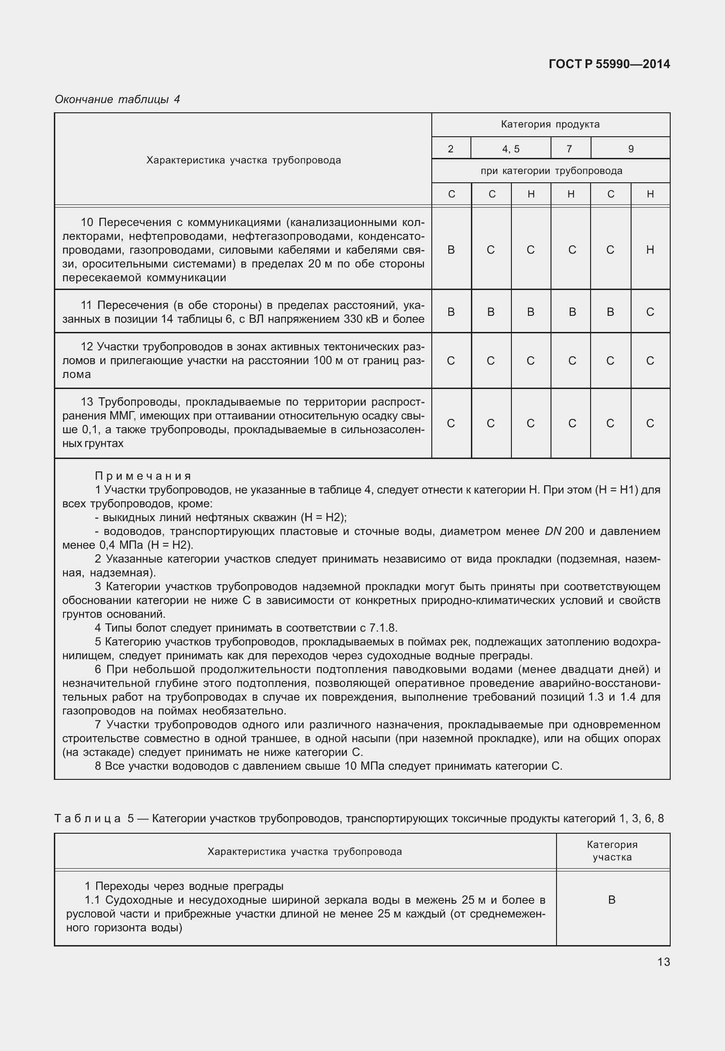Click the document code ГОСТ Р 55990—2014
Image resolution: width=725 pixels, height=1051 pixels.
pyautogui.click(x=609, y=64)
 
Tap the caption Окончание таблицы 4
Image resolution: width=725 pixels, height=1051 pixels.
pyautogui.click(x=117, y=99)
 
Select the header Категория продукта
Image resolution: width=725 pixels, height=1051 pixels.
pyautogui.click(x=550, y=124)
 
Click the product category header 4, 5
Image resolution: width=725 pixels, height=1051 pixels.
pyautogui.click(x=510, y=149)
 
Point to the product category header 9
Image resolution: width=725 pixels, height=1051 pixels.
pyautogui.click(x=631, y=149)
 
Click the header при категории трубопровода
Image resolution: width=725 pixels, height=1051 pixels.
pyautogui.click(x=551, y=171)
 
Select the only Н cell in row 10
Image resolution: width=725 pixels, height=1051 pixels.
pyautogui.click(x=650, y=250)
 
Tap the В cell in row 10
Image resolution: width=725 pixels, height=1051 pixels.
pyautogui.click(x=451, y=250)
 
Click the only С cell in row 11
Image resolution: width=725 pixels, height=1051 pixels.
pyautogui.click(x=650, y=312)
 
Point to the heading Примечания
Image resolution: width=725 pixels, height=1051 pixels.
pyautogui.click(x=143, y=476)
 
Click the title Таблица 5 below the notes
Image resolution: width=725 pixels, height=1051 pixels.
pyautogui.click(x=93, y=819)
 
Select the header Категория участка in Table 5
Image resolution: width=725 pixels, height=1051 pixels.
pyautogui.click(x=612, y=851)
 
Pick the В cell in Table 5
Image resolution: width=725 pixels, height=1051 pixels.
pyautogui.click(x=612, y=900)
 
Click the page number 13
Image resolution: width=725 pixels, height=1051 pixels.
pyautogui.click(x=663, y=962)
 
